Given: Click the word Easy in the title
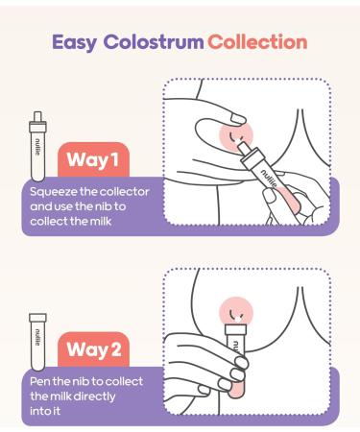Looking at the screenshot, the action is pos(74,42).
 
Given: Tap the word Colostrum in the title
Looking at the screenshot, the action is pos(154,42).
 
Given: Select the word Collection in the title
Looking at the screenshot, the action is pos(257,42).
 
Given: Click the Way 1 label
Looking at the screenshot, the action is pos(93,159).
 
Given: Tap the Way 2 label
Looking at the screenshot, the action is pos(94,349).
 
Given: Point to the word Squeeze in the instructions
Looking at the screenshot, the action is pos(54,192).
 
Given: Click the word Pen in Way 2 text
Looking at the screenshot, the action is pos(40,381).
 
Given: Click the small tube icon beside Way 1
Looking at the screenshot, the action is pos(37,146).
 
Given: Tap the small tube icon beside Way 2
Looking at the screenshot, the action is pos(37,343).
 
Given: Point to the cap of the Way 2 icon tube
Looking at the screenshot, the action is pos(37,318).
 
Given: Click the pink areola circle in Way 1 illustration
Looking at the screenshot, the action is pos(236,135).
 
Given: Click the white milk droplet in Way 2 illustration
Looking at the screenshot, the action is pos(237,319).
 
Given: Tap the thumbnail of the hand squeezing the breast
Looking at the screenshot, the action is pos(237,119).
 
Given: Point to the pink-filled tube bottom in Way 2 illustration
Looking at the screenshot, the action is pos(236,388).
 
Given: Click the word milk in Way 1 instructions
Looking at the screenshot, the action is pos(101,221).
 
